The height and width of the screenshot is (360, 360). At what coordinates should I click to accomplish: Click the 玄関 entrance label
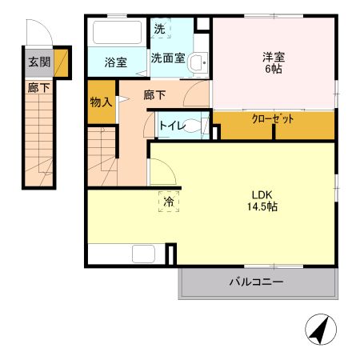click(39, 62)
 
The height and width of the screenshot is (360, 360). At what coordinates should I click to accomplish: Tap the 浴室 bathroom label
click(115, 62)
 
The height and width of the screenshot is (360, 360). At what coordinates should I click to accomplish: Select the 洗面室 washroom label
click(168, 58)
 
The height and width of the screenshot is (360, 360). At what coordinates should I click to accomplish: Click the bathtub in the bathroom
click(118, 32)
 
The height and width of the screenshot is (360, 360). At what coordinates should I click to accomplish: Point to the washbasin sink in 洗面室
click(198, 62)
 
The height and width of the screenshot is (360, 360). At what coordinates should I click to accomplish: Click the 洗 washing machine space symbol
click(160, 28)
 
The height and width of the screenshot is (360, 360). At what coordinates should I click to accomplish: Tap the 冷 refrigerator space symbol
click(169, 202)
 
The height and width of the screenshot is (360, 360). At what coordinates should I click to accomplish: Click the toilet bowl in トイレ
click(193, 126)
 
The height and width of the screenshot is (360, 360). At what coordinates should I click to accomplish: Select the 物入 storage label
click(101, 102)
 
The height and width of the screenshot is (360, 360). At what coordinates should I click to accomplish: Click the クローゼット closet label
click(273, 119)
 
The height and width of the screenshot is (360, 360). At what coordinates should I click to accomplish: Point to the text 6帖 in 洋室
click(274, 69)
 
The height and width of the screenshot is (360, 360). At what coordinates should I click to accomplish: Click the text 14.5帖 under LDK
click(262, 206)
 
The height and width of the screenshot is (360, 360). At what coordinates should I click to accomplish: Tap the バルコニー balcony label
click(256, 282)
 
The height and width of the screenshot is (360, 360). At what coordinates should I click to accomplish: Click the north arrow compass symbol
click(321, 330)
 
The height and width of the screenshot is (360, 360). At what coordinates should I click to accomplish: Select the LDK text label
click(262, 195)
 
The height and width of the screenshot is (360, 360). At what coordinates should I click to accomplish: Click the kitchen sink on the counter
click(143, 254)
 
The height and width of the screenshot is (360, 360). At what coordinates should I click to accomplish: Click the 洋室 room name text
click(274, 57)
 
